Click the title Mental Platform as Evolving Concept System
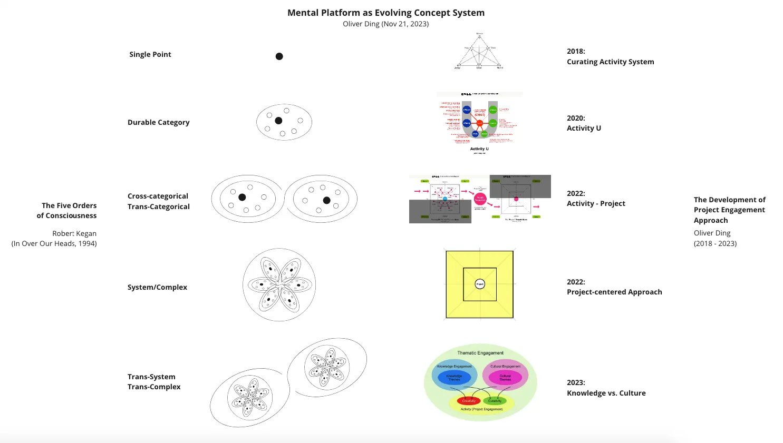coord(385,13)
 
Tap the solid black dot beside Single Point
coord(279,56)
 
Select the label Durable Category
coord(158,122)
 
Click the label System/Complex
coord(157,287)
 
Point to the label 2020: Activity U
coord(584,123)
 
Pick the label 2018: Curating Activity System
coord(610,56)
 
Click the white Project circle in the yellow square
coord(480,284)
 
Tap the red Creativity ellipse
coord(469,401)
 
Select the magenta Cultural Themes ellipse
coord(505,377)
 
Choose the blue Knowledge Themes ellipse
coord(454,377)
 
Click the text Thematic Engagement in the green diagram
coord(480,353)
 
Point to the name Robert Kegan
coord(74,233)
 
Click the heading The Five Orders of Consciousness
coord(66,210)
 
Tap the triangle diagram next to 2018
coord(479,52)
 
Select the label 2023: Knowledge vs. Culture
coord(606,388)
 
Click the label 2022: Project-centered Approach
coord(614,287)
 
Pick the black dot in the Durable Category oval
coord(278,121)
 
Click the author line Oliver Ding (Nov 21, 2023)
coord(385,24)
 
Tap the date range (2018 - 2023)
coord(715,243)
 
